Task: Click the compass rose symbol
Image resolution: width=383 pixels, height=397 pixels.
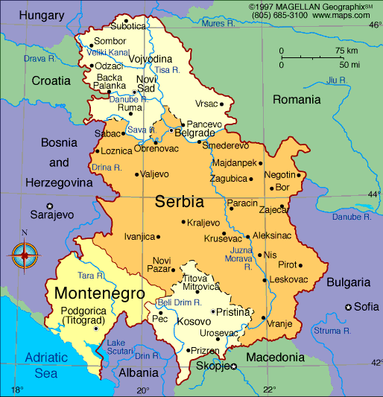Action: tap(25, 255)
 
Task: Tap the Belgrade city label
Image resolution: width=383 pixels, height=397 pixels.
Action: tap(194, 133)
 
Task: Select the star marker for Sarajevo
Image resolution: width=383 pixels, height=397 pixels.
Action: tap(50, 206)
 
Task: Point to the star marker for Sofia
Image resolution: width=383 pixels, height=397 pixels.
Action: tap(348, 307)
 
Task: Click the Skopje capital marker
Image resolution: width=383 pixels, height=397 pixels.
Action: tap(234, 366)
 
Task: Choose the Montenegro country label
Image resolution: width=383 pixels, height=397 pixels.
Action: tap(99, 293)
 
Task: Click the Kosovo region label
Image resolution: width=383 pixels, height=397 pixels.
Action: tap(195, 322)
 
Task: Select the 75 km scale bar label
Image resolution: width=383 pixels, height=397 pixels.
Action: tap(346, 51)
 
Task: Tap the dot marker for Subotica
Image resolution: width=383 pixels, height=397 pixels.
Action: tap(125, 21)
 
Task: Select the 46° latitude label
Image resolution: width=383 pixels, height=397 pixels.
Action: tap(374, 25)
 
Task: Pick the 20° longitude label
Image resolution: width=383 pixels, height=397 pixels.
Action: tap(142, 390)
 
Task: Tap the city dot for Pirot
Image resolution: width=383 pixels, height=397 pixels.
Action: tap(300, 264)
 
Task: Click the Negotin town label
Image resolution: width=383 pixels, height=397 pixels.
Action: tap(279, 175)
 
